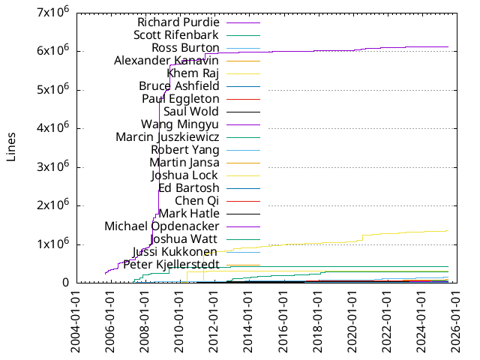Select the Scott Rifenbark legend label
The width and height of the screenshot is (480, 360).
tap(175, 34)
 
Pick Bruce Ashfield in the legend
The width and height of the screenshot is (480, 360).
tap(178, 85)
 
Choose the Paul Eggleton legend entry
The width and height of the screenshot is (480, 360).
tap(180, 98)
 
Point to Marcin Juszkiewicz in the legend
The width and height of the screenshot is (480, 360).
tap(167, 136)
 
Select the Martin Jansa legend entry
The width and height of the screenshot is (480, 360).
tap(184, 162)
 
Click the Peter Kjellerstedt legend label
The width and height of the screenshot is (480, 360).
tap(171, 264)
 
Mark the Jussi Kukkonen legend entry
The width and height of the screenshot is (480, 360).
tap(175, 251)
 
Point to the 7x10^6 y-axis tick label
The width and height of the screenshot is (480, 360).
tap(55, 13)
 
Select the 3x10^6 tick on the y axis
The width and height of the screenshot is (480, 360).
tap(55, 166)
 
